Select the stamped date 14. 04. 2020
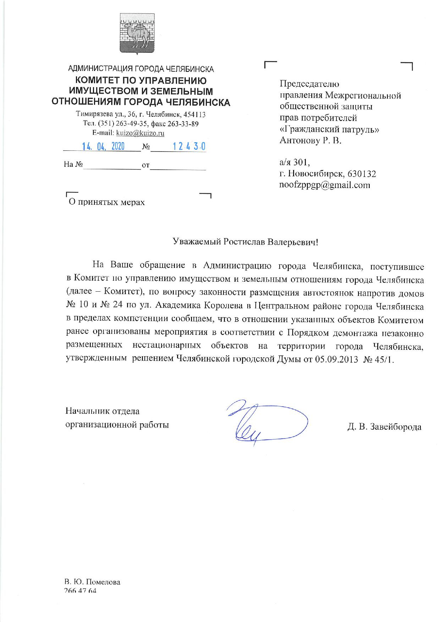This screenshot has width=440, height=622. pos(103,147)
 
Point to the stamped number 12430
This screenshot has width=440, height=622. pos(188,147)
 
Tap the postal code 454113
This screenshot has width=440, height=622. pos(195,115)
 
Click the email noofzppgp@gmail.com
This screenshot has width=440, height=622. pos(325,185)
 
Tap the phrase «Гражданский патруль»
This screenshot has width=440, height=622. pos(330,130)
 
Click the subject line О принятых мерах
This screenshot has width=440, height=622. pos(107,202)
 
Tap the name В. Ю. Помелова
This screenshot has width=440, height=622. pos(93,582)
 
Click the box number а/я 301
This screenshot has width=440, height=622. pos(295,163)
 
